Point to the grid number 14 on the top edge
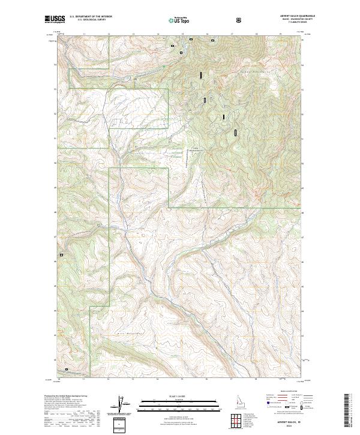pyautogui.click(x=158, y=35)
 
